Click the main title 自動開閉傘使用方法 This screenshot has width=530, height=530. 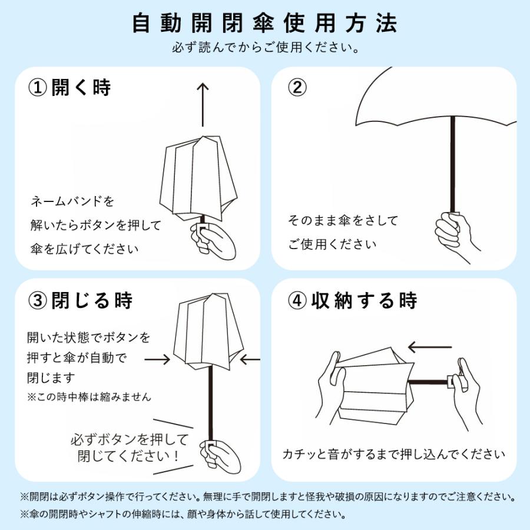click(265, 23)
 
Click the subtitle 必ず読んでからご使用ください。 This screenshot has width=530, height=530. click(265, 47)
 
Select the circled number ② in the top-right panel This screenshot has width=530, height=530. click(297, 88)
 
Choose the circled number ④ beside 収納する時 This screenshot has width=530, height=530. click(297, 300)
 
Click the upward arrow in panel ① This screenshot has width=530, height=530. click(203, 104)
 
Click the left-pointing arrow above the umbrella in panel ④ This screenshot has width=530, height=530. click(429, 346)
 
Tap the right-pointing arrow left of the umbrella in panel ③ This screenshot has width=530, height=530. click(157, 358)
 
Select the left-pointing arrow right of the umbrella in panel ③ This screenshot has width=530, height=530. click(251, 358)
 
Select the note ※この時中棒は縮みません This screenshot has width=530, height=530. click(89, 397)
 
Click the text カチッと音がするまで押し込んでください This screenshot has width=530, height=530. click(393, 454)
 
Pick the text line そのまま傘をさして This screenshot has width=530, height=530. click(343, 221)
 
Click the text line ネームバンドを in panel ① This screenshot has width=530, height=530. click(72, 201)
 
